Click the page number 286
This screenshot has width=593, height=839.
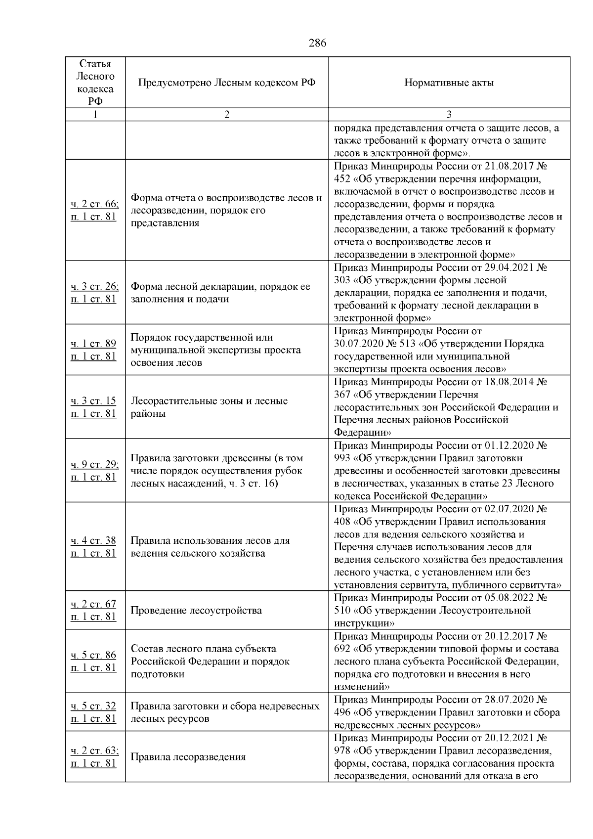[x=317, y=43]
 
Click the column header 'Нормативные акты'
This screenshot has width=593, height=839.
[x=449, y=83]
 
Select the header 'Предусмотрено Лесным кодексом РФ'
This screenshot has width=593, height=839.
[x=226, y=83]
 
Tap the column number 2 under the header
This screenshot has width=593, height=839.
[x=226, y=115]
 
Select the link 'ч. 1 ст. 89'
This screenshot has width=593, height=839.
[x=93, y=344]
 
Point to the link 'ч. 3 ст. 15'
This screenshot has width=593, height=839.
[x=93, y=401]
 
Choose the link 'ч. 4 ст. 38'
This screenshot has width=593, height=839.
[x=93, y=540]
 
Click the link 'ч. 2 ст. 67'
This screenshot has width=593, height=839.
[x=93, y=604]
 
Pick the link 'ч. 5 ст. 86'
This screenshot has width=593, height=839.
[x=93, y=655]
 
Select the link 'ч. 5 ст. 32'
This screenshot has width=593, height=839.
[x=93, y=706]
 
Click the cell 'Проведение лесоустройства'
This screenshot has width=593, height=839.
[x=196, y=611]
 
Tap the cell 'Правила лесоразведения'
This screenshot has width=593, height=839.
[x=188, y=757]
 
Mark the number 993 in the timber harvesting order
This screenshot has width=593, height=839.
[x=342, y=458]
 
